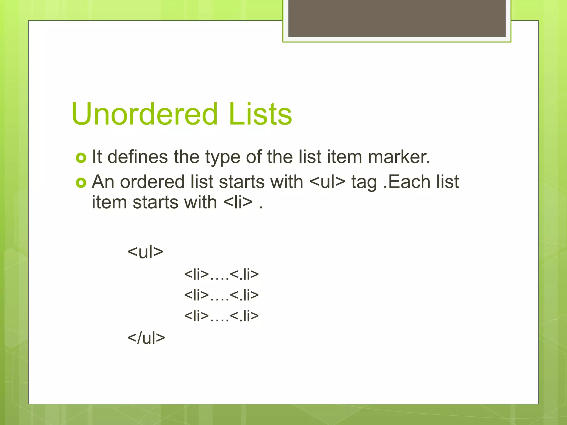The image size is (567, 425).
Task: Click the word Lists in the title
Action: tap(260, 114)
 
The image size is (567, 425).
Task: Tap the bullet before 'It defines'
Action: tap(81, 158)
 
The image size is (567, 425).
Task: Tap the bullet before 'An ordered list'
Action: tap(81, 183)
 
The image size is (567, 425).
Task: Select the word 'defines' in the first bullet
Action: tap(137, 157)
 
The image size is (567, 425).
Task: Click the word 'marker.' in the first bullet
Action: tap(399, 157)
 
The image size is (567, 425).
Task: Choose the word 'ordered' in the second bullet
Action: tap(152, 182)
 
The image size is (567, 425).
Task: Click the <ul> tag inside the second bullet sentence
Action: tap(327, 182)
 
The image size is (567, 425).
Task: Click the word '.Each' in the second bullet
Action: tap(407, 182)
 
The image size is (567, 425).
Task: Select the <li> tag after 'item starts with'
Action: tap(238, 202)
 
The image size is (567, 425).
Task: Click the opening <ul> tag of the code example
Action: tap(145, 252)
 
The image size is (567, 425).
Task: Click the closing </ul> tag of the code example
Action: tap(146, 338)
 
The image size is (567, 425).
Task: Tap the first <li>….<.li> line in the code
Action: tap(221, 274)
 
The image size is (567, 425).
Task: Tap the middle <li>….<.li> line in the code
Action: tap(221, 295)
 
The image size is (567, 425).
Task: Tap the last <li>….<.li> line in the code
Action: tap(221, 316)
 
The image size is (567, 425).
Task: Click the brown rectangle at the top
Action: tap(397, 18)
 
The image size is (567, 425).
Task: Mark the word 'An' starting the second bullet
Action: tap(103, 182)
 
